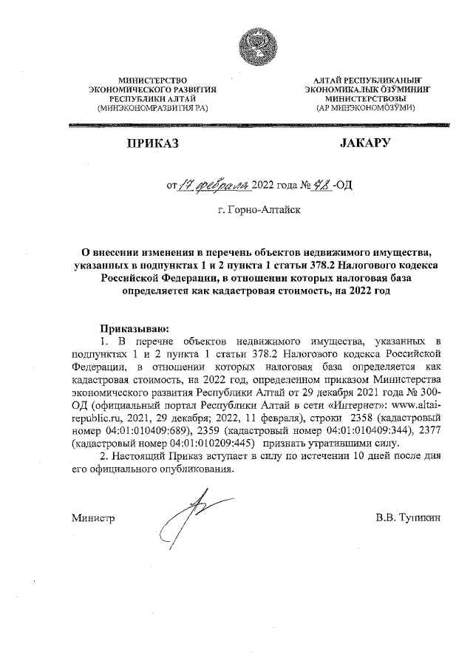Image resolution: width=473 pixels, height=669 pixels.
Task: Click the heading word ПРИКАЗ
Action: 152,143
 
